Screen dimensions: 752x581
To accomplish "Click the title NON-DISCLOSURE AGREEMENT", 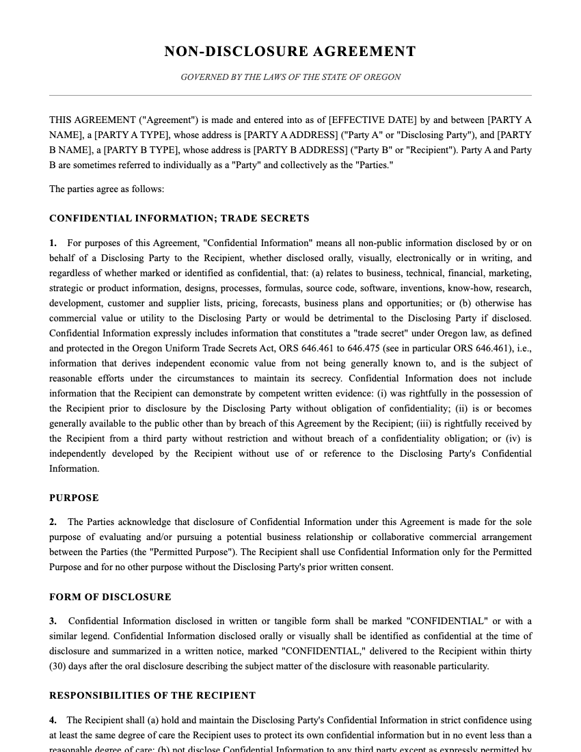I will (x=290, y=52).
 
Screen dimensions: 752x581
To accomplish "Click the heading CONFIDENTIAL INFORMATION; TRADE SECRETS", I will (x=179, y=219).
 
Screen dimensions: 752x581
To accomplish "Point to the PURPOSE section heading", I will (x=74, y=498).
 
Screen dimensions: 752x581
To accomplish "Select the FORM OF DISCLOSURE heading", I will (x=110, y=597).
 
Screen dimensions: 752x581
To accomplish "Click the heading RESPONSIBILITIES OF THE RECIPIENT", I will (x=152, y=695).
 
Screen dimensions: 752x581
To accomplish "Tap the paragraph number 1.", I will (x=53, y=243).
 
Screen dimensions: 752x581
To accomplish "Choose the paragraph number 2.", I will (x=53, y=522).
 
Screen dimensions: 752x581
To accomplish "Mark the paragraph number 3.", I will (x=53, y=621).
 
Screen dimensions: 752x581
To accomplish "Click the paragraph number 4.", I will (x=53, y=721).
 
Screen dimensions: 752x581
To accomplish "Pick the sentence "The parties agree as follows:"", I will (x=107, y=189).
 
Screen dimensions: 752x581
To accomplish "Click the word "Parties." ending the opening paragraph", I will (x=375, y=165).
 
